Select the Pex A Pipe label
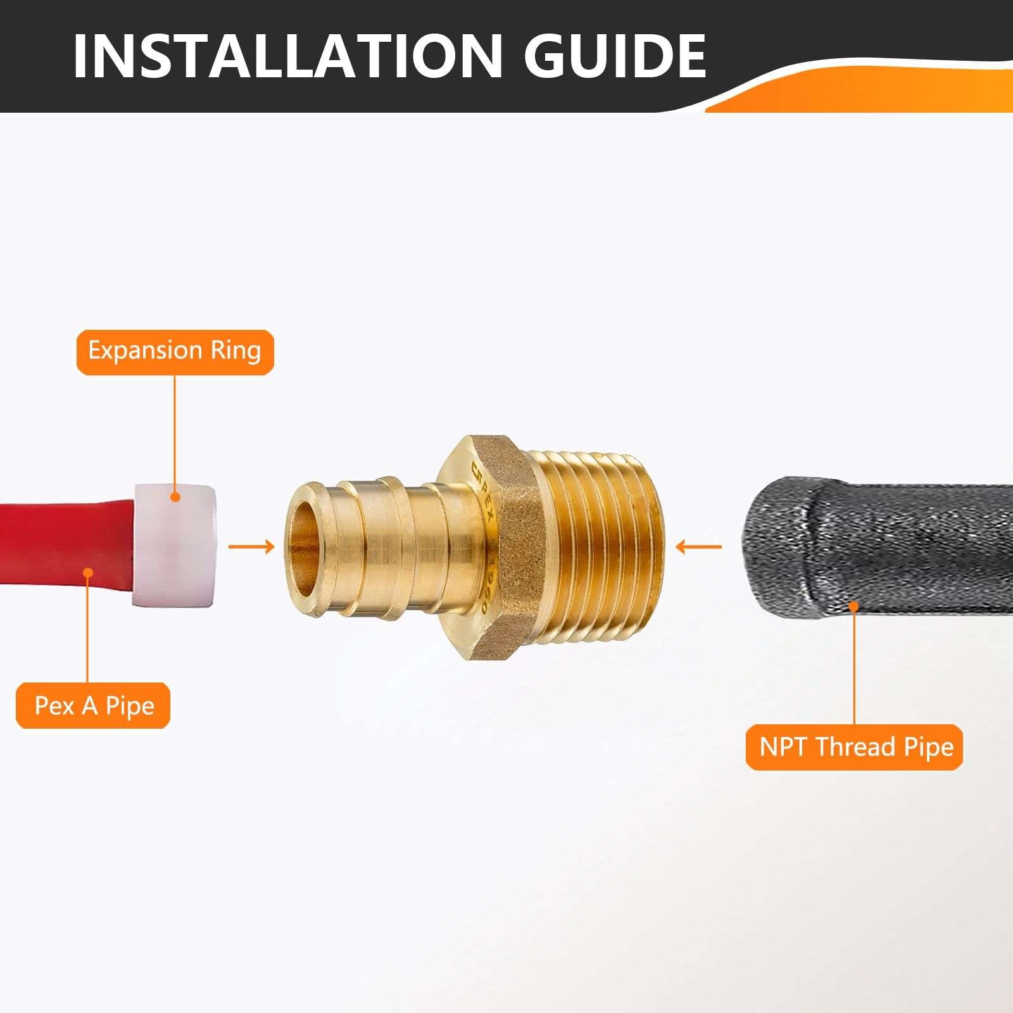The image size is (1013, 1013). tap(94, 705)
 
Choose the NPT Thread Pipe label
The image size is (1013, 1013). tap(855, 747)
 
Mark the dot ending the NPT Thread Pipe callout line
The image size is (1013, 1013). tap(854, 606)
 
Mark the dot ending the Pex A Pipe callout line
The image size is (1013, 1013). tap(89, 573)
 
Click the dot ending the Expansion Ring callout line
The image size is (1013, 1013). tap(175, 497)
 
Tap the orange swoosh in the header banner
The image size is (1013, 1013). tap(886, 92)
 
